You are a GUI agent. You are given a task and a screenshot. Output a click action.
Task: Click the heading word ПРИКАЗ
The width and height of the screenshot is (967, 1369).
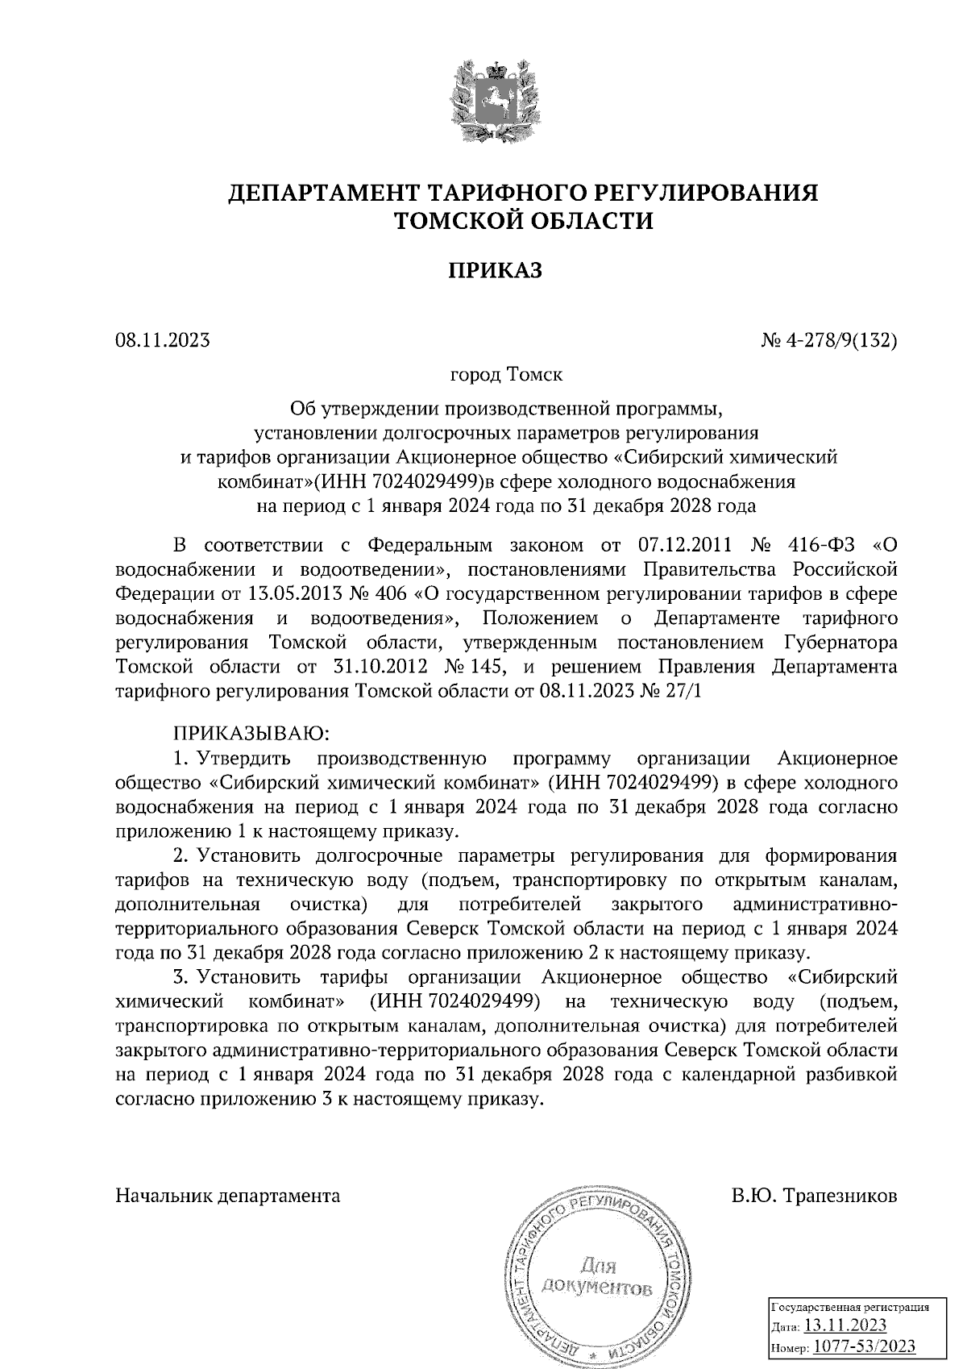pyautogui.click(x=495, y=270)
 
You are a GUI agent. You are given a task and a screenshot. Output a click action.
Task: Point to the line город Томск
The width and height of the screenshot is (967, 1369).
pyautogui.click(x=506, y=375)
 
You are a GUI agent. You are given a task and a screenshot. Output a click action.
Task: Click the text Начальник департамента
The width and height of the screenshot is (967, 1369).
pyautogui.click(x=228, y=1196)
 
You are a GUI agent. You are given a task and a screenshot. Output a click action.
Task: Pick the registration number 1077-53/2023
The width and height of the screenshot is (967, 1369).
pyautogui.click(x=864, y=1347)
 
